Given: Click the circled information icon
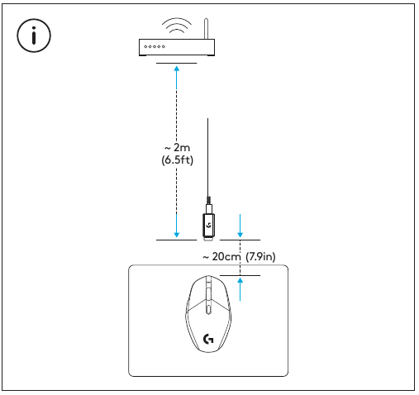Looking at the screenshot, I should click(34, 37).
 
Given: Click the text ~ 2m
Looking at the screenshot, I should click(177, 146).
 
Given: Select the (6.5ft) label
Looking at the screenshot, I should click(177, 159).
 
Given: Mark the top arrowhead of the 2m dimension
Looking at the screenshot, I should click(177, 69).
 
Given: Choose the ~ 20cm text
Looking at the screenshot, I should click(222, 256).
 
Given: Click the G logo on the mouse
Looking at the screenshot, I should click(208, 338).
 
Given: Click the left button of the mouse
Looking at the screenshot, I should click(197, 293).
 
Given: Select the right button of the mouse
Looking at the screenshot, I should click(220, 293).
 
